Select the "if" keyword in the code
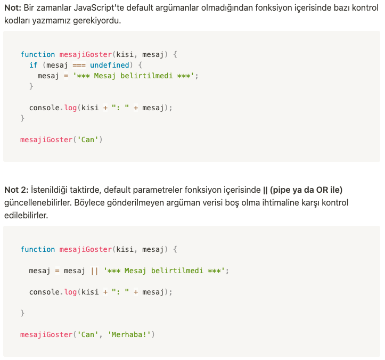[33, 65]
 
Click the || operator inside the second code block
[94, 271]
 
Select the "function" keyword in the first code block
[37, 54]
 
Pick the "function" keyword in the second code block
[37, 249]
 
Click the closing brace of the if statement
[31, 86]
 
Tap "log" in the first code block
[70, 108]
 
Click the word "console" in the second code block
[44, 292]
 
